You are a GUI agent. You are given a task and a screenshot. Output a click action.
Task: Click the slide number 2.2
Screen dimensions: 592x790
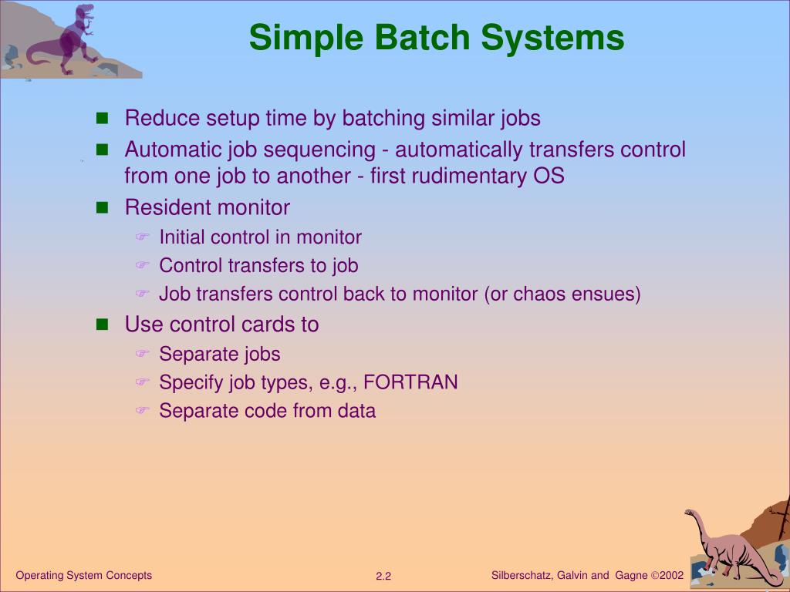384,577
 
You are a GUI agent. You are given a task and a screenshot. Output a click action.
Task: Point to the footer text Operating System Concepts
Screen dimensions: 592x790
84,575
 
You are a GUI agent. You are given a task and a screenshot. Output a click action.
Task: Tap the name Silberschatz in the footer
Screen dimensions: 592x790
521,576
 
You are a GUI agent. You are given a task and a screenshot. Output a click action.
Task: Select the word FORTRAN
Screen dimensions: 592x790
410,382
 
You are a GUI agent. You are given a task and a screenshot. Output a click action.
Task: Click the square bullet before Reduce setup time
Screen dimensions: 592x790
103,119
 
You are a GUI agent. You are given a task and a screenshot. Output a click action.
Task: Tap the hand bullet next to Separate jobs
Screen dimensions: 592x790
141,354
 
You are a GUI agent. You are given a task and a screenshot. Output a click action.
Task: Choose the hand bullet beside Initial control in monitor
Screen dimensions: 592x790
141,237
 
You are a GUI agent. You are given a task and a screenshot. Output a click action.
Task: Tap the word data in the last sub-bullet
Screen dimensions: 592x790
356,411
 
